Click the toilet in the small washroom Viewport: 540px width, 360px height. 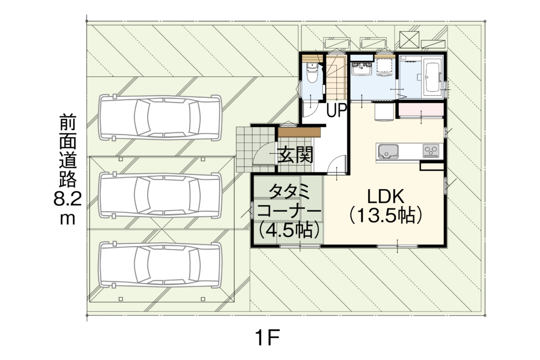[312, 74]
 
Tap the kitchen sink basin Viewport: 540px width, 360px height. [388, 151]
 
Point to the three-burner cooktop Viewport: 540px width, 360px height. [431, 150]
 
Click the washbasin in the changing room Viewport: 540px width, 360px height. [361, 70]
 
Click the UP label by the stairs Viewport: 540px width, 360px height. [336, 111]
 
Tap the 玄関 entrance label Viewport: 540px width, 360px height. [296, 155]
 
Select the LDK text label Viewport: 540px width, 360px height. [385, 196]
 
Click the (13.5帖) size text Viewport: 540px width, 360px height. [386, 216]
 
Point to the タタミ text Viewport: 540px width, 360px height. [289, 192]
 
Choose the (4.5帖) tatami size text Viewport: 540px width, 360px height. [289, 230]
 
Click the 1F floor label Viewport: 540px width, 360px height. [267, 338]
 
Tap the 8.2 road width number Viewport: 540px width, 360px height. [68, 199]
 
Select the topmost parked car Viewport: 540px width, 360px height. [160, 118]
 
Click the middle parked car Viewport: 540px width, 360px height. [160, 195]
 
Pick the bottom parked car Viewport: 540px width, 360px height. [160, 264]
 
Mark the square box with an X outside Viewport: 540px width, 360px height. [409, 39]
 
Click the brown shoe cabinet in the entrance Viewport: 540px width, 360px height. [300, 132]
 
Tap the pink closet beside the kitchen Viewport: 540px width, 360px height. [421, 110]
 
